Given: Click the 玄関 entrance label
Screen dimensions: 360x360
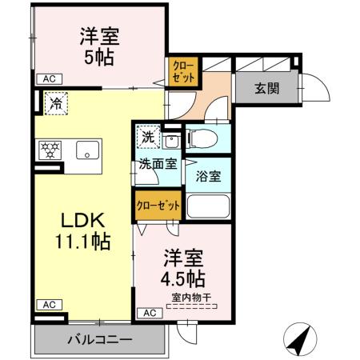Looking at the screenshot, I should coord(267,89).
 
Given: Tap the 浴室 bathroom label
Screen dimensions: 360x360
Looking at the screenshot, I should coord(210,177).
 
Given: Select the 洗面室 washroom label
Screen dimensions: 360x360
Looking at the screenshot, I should coord(158,165).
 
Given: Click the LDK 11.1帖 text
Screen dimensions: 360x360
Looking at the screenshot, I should coord(80,229).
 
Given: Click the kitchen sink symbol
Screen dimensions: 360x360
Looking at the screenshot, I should coord(86,150).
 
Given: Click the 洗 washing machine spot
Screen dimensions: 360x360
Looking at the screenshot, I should coord(148,138).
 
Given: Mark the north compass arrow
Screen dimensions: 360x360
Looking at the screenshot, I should coord(300,342).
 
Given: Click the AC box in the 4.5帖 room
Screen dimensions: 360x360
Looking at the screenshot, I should coord(149,313).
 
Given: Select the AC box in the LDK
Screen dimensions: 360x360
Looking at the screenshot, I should coord(48,305).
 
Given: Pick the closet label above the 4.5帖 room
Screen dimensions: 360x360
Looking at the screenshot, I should coord(158,206).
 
